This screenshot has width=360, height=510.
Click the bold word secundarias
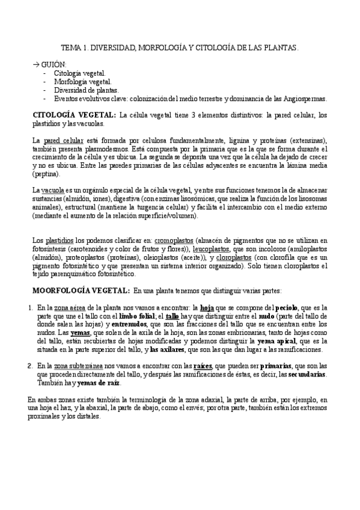pos(308,374)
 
